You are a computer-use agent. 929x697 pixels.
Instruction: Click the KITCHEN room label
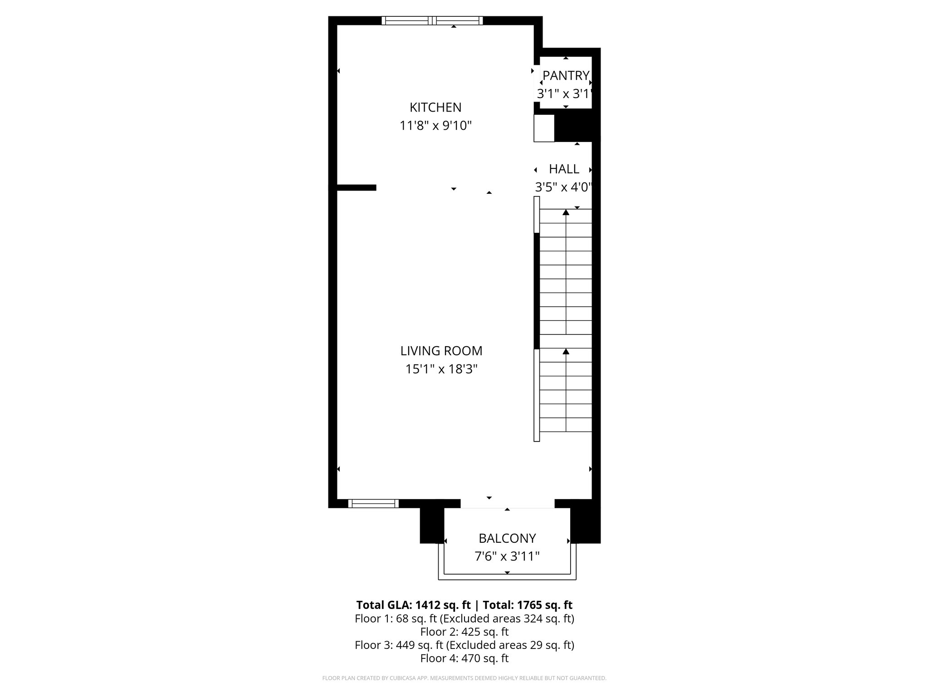point(435,108)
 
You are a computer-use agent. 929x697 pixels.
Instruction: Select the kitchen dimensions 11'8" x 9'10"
point(435,126)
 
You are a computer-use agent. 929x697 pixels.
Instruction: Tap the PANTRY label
point(566,75)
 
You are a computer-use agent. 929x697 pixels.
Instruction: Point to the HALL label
point(564,169)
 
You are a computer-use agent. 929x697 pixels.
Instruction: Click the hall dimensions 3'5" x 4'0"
point(564,187)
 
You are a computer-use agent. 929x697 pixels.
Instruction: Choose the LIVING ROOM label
point(441,351)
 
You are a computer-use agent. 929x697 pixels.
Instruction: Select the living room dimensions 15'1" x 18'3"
point(441,369)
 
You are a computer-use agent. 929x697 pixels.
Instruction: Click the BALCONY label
point(507,538)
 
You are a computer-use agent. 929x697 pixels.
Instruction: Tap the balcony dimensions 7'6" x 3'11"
point(507,556)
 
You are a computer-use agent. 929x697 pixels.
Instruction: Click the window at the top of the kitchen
point(432,20)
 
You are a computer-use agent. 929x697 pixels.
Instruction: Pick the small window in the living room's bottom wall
point(373,503)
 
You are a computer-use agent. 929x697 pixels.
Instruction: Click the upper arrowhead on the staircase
point(566,212)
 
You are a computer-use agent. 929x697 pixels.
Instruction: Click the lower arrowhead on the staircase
point(566,352)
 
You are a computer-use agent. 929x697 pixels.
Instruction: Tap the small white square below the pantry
point(544,128)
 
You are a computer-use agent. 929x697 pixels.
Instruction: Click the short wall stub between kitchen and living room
point(357,187)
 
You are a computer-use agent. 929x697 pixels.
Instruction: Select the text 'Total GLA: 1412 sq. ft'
point(413,605)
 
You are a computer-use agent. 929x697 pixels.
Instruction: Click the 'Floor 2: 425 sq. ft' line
point(464,632)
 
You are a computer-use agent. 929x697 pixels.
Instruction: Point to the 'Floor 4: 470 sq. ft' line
point(464,658)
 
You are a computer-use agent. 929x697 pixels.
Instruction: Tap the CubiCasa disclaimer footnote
point(464,678)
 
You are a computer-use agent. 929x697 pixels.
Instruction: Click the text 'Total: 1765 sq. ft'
point(527,605)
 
